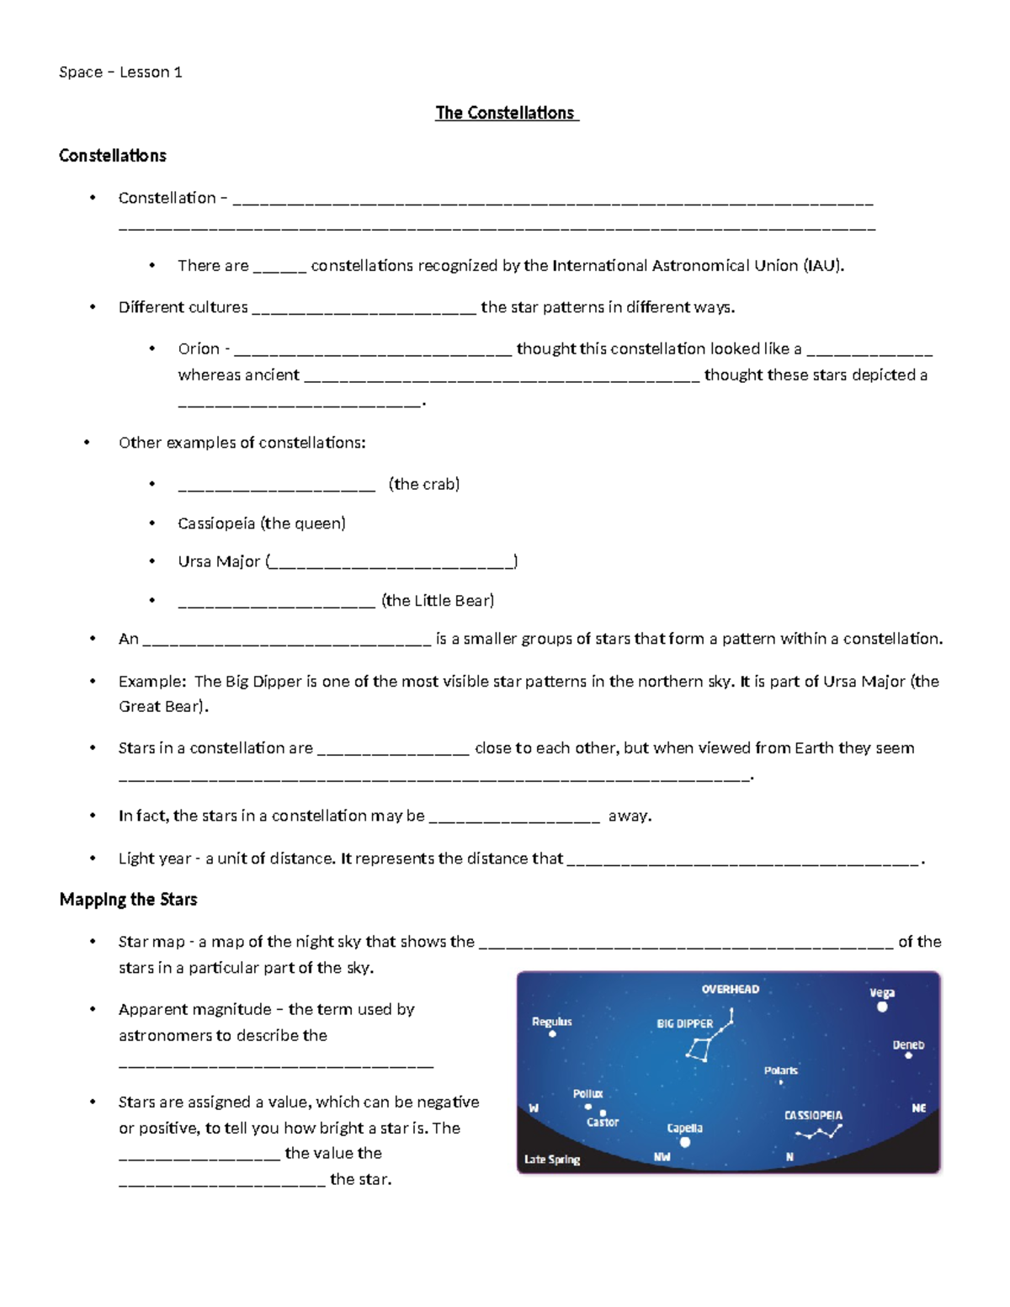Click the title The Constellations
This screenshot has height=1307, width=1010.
pyautogui.click(x=505, y=113)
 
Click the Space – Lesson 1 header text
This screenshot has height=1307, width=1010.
pyautogui.click(x=120, y=72)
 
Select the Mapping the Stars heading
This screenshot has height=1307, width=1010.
pyautogui.click(x=128, y=900)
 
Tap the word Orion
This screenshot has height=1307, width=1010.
pyautogui.click(x=199, y=348)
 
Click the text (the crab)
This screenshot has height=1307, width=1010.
pyautogui.click(x=424, y=484)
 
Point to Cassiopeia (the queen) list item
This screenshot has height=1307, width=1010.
pyautogui.click(x=262, y=523)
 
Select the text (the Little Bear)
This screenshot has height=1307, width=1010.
pyautogui.click(x=438, y=600)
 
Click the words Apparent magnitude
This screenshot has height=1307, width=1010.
pyautogui.click(x=194, y=1009)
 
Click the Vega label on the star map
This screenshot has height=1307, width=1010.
pyautogui.click(x=882, y=993)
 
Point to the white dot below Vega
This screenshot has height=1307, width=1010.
pyautogui.click(x=882, y=1007)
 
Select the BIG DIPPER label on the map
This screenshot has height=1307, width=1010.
pyautogui.click(x=684, y=1023)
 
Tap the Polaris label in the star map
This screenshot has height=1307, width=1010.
pyautogui.click(x=780, y=1071)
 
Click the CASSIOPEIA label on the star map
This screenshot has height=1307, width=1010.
pyautogui.click(x=813, y=1115)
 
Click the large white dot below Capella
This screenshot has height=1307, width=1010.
pyautogui.click(x=685, y=1142)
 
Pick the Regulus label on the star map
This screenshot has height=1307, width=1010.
pyautogui.click(x=551, y=1022)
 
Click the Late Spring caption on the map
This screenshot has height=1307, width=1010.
pyautogui.click(x=552, y=1160)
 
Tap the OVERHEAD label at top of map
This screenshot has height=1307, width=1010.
pyautogui.click(x=730, y=990)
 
